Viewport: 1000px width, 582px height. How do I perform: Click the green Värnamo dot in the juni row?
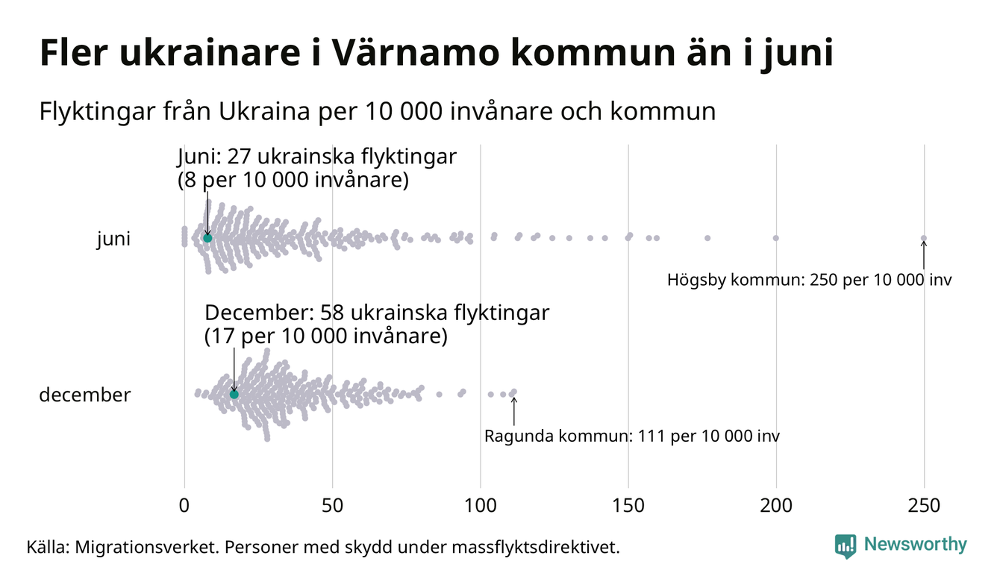pos(207,238)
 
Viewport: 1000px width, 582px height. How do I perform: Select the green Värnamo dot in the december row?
pos(234,394)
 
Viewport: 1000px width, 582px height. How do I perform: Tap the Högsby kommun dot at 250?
pos(924,239)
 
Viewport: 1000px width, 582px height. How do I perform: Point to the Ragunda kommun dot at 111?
pos(513,392)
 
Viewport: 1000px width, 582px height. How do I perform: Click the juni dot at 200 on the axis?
pos(776,238)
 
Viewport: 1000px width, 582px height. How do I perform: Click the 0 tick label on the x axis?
pos(184,506)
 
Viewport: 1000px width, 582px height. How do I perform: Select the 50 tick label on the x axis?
pos(332,506)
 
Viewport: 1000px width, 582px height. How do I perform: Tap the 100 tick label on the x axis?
pos(480,506)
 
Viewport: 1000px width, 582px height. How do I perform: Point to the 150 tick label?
pos(628,506)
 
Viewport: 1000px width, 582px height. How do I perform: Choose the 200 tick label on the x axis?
pos(776,506)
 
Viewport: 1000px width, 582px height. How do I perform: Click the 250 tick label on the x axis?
pos(924,506)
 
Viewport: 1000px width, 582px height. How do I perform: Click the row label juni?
pos(113,240)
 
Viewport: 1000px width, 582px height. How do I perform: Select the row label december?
pos(84,395)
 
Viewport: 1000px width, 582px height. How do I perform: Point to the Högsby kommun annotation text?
pos(810,281)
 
